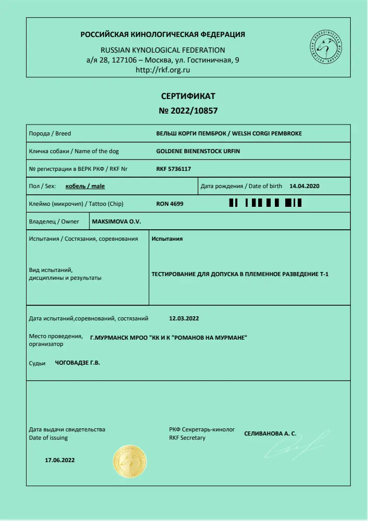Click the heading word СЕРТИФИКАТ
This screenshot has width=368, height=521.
pyautogui.click(x=188, y=96)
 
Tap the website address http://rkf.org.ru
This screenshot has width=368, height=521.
pyautogui.click(x=162, y=70)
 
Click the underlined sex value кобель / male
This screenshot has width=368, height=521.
pyautogui.click(x=85, y=186)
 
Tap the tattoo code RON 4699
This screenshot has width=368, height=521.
pyautogui.click(x=170, y=204)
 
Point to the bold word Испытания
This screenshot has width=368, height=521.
pyautogui.click(x=167, y=239)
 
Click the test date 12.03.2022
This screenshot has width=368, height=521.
pyautogui.click(x=184, y=318)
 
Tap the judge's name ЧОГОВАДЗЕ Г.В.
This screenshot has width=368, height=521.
pyautogui.click(x=78, y=363)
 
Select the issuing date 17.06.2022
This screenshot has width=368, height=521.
pyautogui.click(x=60, y=460)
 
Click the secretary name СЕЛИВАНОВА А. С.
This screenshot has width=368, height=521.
pyautogui.click(x=270, y=433)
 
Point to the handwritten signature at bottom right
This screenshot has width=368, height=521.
pyautogui.click(x=299, y=445)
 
